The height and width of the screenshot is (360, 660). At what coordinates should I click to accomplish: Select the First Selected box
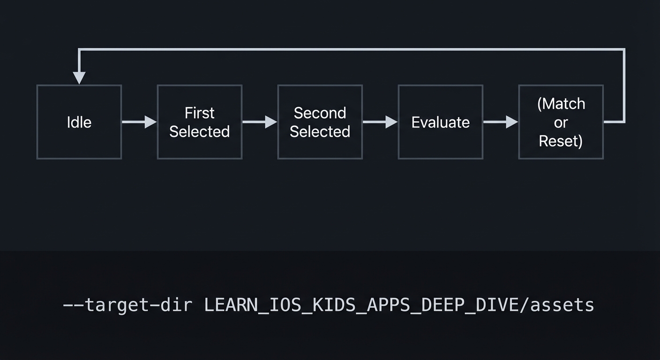click(x=200, y=148)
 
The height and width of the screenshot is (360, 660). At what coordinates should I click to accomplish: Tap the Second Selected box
click(x=320, y=148)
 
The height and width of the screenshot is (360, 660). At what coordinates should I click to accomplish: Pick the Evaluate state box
click(x=440, y=143)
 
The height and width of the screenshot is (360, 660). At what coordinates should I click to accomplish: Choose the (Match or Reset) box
click(x=561, y=152)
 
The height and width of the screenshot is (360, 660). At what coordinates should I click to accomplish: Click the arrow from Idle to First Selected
click(x=139, y=122)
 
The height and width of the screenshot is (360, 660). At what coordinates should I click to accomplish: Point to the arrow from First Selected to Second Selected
click(x=260, y=122)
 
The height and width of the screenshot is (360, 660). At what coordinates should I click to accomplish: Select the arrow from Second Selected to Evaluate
click(x=380, y=122)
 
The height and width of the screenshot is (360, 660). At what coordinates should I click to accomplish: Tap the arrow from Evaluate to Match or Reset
click(x=501, y=122)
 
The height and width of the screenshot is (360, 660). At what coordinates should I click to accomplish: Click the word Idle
click(x=79, y=122)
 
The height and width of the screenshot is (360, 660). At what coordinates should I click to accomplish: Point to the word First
click(x=200, y=113)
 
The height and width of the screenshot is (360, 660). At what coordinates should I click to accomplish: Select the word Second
click(x=320, y=113)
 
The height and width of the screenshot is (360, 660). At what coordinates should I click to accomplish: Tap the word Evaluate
click(x=440, y=122)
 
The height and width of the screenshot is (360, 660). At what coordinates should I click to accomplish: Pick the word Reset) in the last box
click(x=561, y=141)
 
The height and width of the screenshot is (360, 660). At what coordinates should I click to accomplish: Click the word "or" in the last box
click(x=561, y=122)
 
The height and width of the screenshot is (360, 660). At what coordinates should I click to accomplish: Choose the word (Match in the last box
click(x=561, y=104)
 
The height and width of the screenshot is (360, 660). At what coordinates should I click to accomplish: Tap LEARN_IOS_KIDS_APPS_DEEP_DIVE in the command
click(x=361, y=305)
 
